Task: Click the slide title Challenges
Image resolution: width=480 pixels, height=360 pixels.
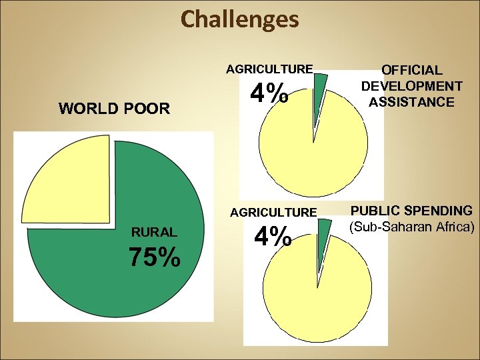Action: click(240, 19)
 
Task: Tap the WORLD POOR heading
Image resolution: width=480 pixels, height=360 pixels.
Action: click(115, 108)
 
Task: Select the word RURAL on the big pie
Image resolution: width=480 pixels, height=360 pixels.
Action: click(154, 233)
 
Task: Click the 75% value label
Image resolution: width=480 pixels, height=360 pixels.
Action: click(155, 257)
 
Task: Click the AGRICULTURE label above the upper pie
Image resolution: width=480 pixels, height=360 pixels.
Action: click(269, 69)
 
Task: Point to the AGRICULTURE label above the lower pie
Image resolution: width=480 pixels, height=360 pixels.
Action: click(273, 213)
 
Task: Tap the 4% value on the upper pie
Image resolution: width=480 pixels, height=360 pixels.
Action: click(270, 93)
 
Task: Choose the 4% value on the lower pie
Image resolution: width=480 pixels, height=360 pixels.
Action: click(272, 236)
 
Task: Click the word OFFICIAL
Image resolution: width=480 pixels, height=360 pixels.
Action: click(411, 70)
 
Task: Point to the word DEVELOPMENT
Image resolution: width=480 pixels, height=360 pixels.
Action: click(411, 86)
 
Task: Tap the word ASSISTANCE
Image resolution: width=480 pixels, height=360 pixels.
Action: click(411, 102)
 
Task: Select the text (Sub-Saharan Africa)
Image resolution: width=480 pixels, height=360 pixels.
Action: click(411, 227)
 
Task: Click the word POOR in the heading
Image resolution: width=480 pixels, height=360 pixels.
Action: click(146, 108)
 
